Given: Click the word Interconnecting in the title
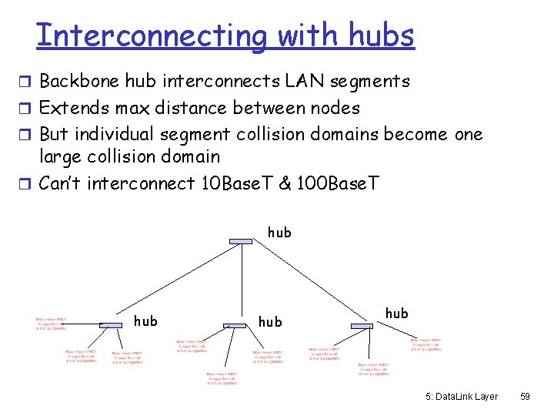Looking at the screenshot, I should [x=152, y=35].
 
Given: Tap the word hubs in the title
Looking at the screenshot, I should [x=381, y=35].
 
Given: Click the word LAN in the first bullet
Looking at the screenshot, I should [x=302, y=81].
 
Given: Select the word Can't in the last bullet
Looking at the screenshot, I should [x=60, y=183].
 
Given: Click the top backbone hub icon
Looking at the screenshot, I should [x=241, y=241].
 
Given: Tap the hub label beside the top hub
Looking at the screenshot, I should [x=279, y=232].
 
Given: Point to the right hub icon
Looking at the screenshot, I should [x=362, y=326].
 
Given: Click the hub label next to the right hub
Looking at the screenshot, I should [x=396, y=313].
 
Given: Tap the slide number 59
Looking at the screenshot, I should [x=526, y=396].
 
